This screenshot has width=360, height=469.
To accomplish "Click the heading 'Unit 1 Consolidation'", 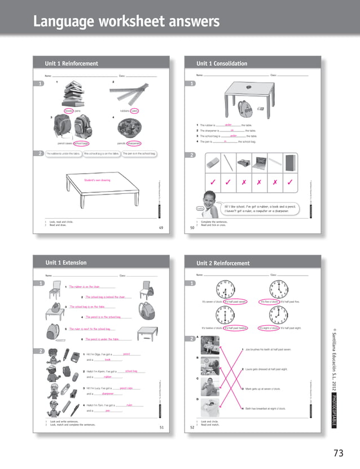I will [x=221, y=64].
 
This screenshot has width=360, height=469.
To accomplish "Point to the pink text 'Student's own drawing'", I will [x=97, y=180].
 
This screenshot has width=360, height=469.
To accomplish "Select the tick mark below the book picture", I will [x=289, y=183].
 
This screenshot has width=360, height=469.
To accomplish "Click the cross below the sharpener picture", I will [x=243, y=183].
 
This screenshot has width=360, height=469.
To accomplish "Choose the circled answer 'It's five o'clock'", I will [x=269, y=302].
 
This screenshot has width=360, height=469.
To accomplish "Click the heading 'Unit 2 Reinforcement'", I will [x=222, y=263].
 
